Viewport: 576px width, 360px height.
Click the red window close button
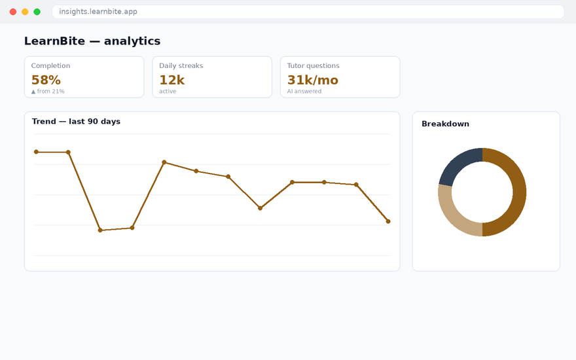[13, 12]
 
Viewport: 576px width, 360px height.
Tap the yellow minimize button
[25, 12]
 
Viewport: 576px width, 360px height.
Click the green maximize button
[37, 12]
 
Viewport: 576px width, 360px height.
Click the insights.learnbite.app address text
[98, 11]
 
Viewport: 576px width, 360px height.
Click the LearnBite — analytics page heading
[92, 41]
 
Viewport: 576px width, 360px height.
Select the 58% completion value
[46, 80]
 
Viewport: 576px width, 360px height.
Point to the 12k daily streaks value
[171, 80]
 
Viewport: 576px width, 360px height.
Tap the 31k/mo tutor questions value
[313, 80]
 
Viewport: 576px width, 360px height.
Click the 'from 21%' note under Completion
[50, 91]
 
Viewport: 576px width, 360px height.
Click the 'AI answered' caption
[304, 91]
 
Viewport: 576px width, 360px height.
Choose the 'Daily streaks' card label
[181, 65]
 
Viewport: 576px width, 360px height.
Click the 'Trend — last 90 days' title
[76, 122]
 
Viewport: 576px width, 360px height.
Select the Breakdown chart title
[445, 124]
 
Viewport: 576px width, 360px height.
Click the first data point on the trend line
[36, 152]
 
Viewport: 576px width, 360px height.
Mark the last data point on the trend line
[388, 221]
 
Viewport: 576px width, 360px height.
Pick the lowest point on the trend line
[100, 230]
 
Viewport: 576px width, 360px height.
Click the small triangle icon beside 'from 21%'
[33, 92]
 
